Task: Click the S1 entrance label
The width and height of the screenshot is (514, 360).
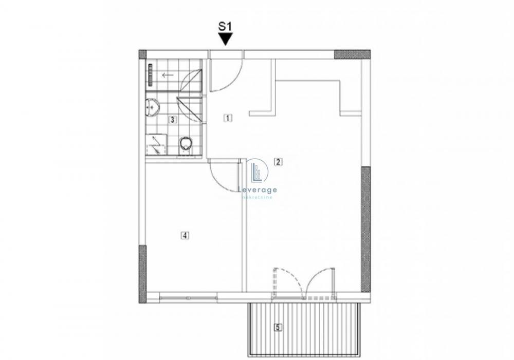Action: pos(225,26)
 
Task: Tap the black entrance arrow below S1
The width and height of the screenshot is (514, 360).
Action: pos(226,39)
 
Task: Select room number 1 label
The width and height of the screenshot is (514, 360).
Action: pos(228,118)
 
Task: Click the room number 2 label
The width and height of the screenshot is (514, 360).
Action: pos(278,161)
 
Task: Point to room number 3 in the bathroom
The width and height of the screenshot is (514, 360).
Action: pos(172,120)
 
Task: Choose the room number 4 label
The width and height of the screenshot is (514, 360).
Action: pos(185,235)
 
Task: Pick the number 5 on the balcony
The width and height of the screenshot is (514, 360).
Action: pos(278,327)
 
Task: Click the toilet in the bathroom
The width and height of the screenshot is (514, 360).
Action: pos(186,145)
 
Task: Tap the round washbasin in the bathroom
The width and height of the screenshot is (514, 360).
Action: pos(152,106)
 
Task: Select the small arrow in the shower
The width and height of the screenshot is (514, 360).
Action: pos(168,75)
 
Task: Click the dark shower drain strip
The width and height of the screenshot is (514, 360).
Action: pos(151,74)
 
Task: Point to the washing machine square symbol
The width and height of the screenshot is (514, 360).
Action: pos(156,144)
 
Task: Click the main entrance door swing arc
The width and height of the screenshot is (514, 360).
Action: pos(233,80)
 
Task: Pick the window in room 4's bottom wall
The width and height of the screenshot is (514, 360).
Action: pos(188,298)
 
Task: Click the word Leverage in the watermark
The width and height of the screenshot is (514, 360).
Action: pos(258,190)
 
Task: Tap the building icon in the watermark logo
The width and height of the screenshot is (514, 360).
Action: pos(256,172)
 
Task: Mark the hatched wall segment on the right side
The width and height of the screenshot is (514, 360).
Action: pos(366,229)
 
